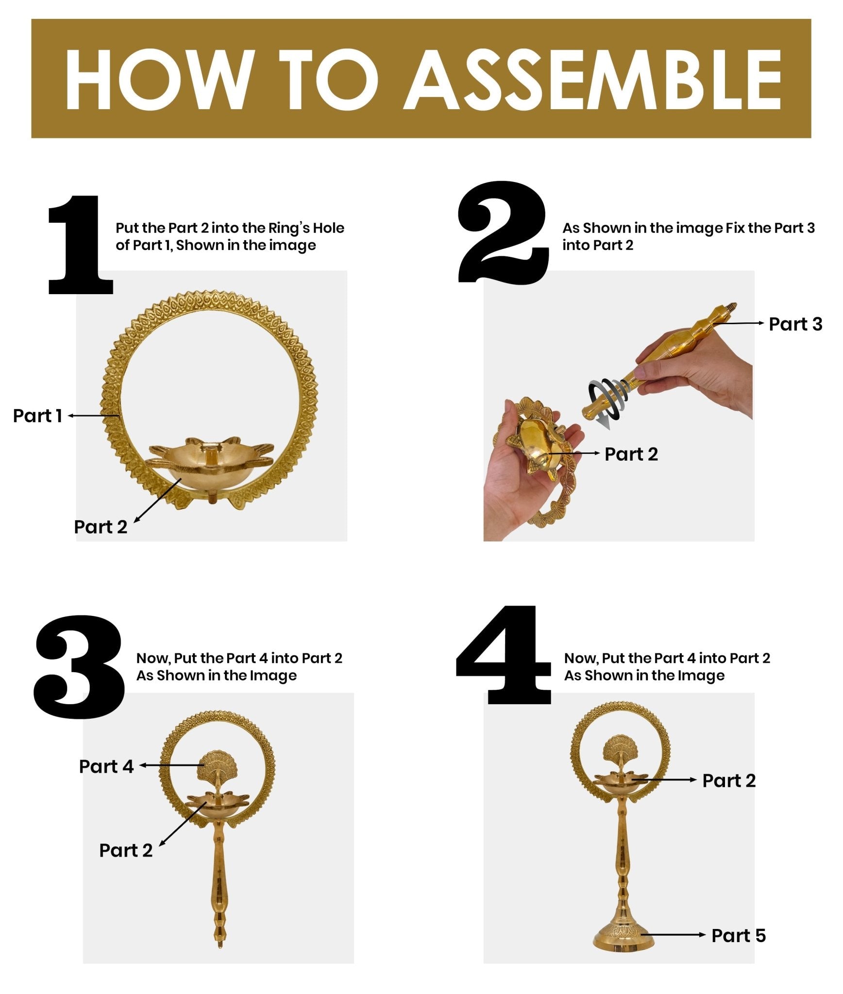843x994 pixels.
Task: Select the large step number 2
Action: pos(503,232)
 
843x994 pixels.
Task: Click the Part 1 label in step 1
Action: pos(37,416)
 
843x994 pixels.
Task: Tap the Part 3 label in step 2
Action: pos(795,324)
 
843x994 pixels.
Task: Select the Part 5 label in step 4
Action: pos(738,936)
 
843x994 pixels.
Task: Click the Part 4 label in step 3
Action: pos(106,766)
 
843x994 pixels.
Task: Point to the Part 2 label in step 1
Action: pos(101,527)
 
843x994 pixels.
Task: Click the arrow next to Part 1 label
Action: pos(94,415)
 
